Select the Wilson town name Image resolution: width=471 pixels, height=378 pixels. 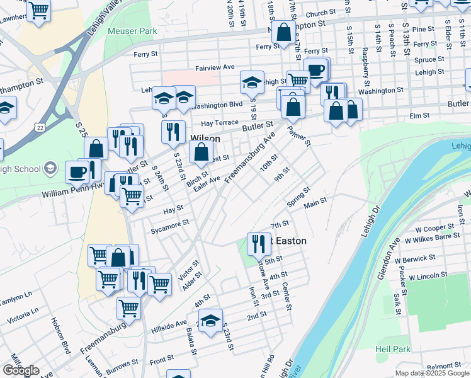coord(205,138)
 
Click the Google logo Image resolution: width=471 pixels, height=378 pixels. coord(21,370)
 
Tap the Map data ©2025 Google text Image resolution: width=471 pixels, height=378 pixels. coord(432,373)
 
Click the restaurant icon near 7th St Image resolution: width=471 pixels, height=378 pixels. coord(258,243)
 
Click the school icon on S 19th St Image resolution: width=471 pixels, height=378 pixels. coord(252,82)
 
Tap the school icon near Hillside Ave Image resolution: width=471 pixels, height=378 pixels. coord(212,319)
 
